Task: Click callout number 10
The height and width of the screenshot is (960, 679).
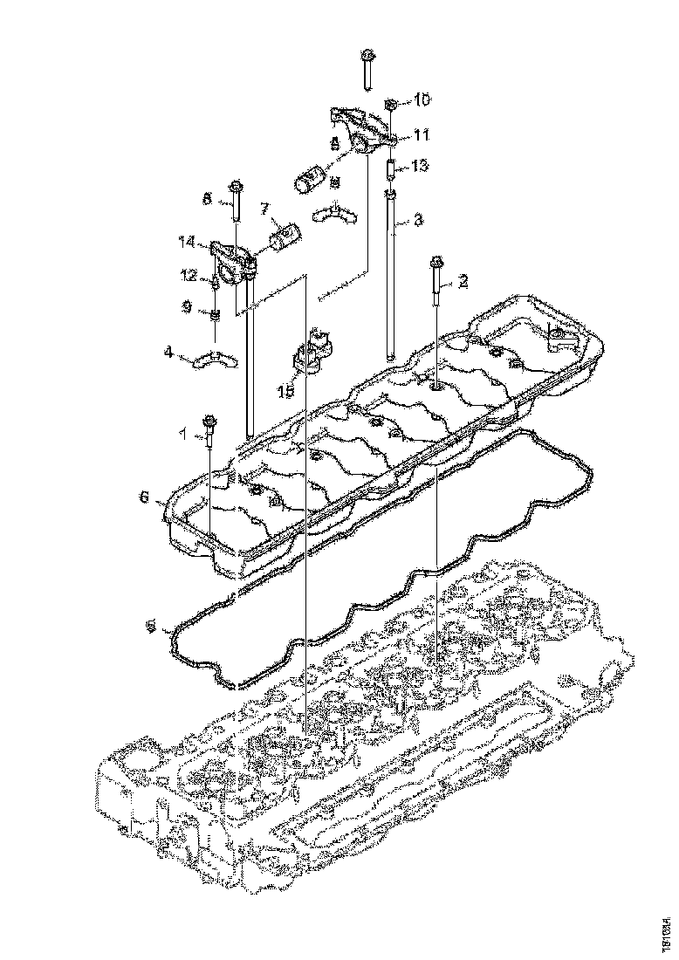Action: (422, 101)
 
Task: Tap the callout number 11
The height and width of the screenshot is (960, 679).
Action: (422, 135)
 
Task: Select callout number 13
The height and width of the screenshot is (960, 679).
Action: (422, 166)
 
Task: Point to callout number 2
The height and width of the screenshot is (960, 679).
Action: (463, 281)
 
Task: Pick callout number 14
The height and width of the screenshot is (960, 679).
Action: (186, 241)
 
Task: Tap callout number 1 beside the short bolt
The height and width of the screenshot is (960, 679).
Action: (183, 432)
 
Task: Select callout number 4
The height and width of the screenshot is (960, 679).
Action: (168, 353)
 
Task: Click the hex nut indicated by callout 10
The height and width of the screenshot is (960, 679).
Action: (390, 105)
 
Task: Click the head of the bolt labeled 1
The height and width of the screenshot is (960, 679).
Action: (210, 421)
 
